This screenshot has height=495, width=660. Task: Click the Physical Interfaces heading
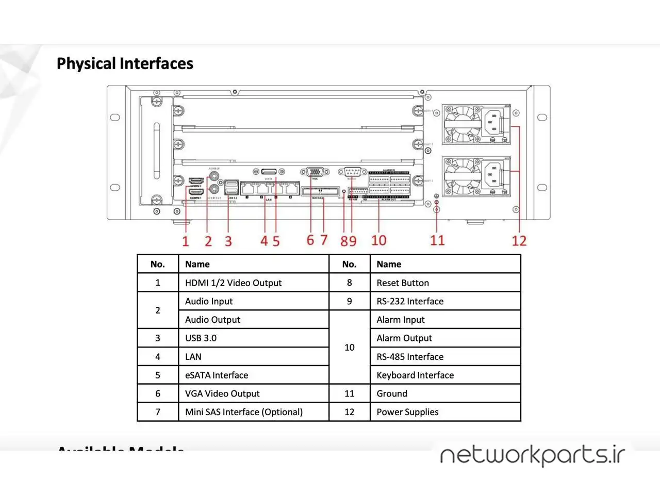125,63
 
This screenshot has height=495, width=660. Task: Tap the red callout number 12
519,241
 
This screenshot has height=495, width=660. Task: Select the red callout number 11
437,240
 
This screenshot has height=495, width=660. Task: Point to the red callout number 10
378,240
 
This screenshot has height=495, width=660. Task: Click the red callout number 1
186,241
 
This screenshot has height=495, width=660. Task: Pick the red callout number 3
228,241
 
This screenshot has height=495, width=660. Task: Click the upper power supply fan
462,124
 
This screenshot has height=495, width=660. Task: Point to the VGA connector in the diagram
315,172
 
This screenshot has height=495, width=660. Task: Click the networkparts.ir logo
532,455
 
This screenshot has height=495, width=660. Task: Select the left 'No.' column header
157,264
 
